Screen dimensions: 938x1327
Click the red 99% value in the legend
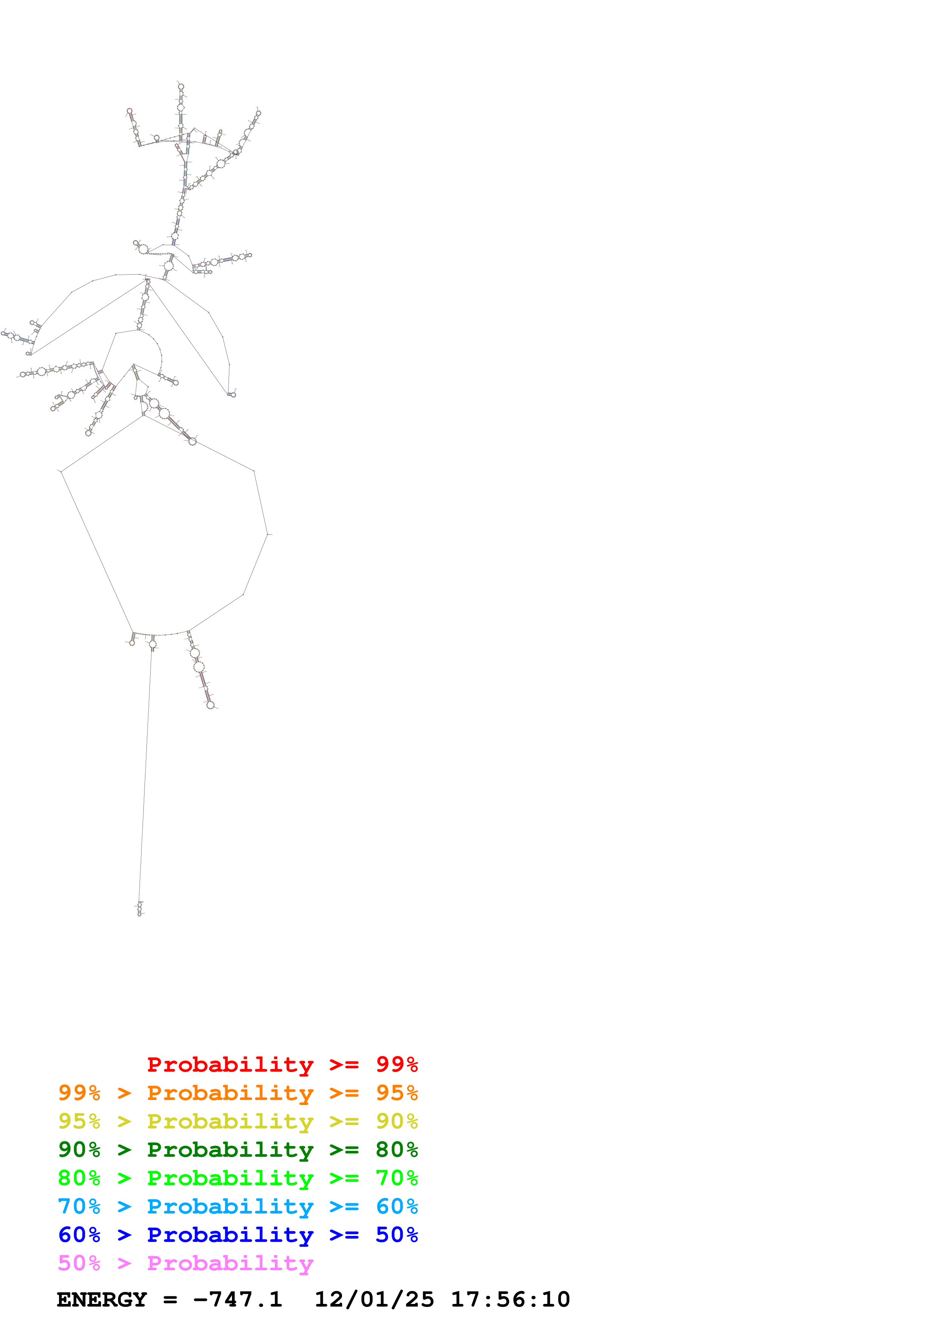[x=397, y=1064]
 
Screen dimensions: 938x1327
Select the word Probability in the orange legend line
[x=230, y=1092]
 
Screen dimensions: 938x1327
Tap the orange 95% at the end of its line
[x=397, y=1092]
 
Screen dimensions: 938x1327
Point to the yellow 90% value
[x=397, y=1121]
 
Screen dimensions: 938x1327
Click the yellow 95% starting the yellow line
[x=79, y=1121]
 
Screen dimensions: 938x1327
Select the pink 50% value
[x=79, y=1262]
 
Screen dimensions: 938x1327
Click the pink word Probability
[x=230, y=1262]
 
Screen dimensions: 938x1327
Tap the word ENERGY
[x=102, y=1299]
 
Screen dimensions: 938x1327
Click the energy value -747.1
[x=238, y=1299]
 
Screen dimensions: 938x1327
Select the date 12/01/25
[x=374, y=1299]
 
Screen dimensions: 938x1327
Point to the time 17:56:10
[x=510, y=1299]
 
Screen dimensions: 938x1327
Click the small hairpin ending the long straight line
[x=139, y=909]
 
